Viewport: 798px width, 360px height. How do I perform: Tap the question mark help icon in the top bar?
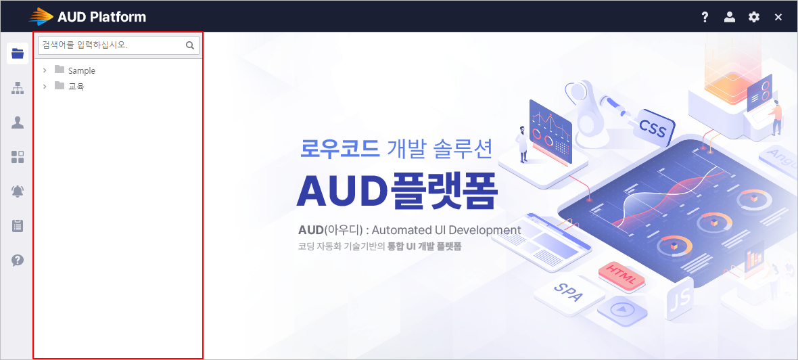point(705,18)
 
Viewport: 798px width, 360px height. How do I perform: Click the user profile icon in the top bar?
point(729,18)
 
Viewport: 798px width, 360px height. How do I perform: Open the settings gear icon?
point(754,18)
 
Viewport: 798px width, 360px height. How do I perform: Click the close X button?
point(778,18)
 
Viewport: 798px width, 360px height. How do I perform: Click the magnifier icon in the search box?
point(190,45)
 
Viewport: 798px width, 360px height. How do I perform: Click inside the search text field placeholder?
point(85,45)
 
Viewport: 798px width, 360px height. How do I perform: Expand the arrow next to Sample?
point(45,70)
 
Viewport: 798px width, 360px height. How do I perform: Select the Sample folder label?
point(81,71)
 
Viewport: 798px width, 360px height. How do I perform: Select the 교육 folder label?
point(76,87)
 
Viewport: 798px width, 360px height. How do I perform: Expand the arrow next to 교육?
point(45,86)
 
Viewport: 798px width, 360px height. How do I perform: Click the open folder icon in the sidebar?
point(18,53)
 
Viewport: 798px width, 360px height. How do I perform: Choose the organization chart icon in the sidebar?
point(18,88)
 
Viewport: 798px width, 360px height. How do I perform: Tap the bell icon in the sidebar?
point(18,191)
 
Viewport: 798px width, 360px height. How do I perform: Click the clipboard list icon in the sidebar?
point(18,225)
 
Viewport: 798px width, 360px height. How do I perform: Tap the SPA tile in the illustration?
point(569,292)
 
